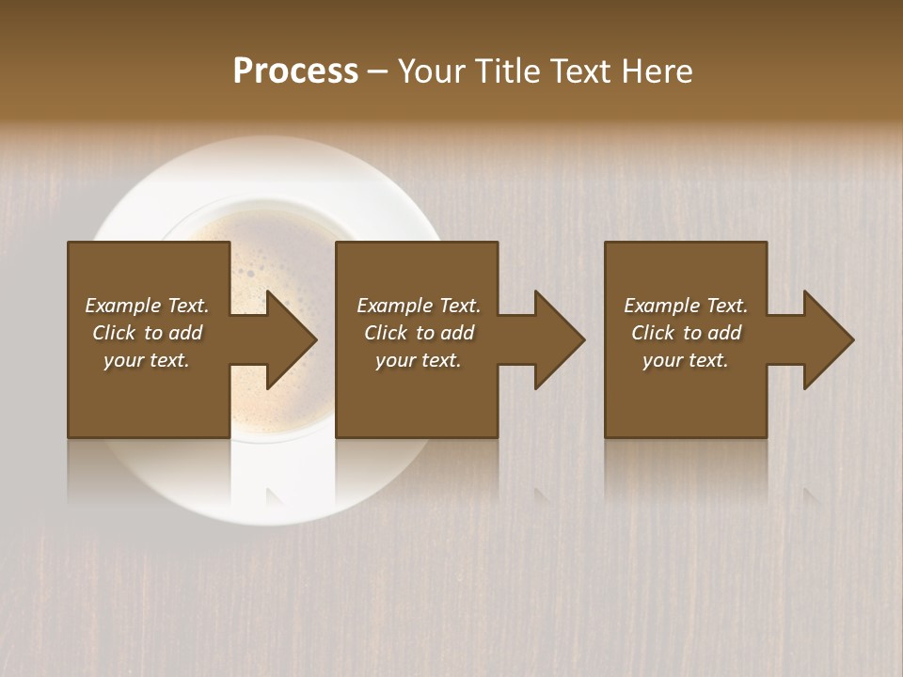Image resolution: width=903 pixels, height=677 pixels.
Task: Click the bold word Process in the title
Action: (x=295, y=71)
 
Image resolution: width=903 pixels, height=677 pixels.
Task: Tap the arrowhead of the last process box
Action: (x=828, y=339)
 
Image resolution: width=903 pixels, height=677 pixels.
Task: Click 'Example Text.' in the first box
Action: (x=147, y=306)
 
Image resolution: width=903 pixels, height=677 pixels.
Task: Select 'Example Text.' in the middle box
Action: (x=419, y=306)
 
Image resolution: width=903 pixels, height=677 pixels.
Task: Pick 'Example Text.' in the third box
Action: (x=686, y=306)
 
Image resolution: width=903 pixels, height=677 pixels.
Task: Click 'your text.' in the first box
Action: (x=147, y=360)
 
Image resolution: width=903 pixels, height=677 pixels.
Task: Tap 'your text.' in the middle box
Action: (x=419, y=360)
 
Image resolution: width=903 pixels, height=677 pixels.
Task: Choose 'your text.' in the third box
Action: (x=686, y=360)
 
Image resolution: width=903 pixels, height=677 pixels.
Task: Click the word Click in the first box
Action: (x=114, y=333)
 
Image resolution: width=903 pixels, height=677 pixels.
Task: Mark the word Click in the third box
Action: (x=653, y=333)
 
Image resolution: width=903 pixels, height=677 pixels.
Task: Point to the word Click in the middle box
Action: (x=386, y=333)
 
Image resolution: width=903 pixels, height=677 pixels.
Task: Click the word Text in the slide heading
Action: (x=577, y=71)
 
